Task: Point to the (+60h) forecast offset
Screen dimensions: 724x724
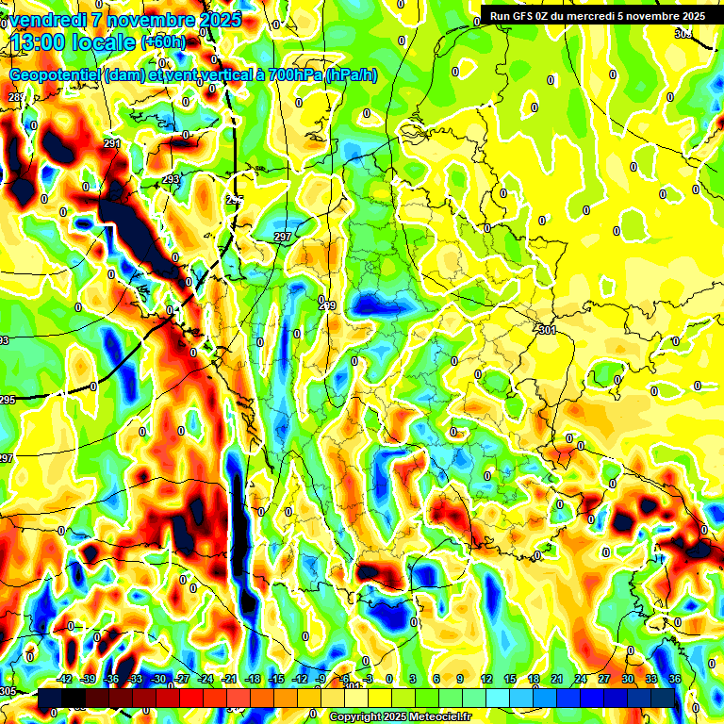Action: (163, 42)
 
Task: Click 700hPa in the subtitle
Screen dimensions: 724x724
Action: (293, 74)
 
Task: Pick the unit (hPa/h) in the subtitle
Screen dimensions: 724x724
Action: (351, 74)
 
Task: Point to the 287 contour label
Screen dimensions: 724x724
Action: (17, 98)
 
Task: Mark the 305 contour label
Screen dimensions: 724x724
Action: (8, 691)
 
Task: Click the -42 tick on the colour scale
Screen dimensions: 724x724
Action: (65, 679)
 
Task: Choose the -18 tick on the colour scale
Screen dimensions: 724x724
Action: (253, 679)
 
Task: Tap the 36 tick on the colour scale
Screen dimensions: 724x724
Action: (675, 679)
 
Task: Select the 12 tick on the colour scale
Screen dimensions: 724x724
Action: (486, 679)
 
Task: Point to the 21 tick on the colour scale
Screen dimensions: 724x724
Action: (557, 679)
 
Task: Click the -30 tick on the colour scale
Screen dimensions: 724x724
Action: (158, 679)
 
